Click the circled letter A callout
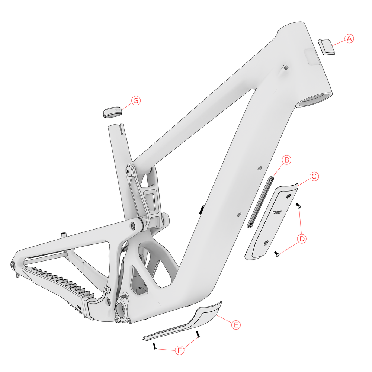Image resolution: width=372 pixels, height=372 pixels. coord(349,38)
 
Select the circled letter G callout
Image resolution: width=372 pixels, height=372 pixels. coord(136,100)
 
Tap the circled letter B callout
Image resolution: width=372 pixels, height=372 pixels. coord(286,160)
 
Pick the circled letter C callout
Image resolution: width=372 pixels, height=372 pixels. coord(314,176)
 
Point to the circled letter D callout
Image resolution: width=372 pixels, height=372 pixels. coord(302,238)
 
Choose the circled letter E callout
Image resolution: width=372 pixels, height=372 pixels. coord(235,324)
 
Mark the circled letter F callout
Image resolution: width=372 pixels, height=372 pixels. coord(180,350)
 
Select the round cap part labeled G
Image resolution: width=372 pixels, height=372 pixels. coord(112,111)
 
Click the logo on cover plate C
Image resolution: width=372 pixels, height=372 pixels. coord(278,212)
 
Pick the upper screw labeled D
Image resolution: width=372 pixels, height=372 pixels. coord(298,205)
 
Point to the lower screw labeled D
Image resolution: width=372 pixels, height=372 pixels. coord(277,254)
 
